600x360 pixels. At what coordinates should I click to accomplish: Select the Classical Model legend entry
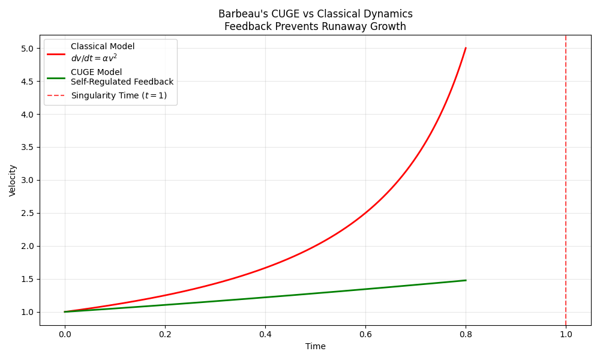[x=103, y=47]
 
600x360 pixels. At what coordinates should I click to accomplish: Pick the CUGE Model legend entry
[x=96, y=72]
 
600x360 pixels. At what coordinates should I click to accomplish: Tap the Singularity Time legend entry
[x=119, y=95]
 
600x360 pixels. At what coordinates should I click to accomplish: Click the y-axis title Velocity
[x=13, y=180]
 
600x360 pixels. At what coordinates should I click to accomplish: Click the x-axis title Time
[x=316, y=346]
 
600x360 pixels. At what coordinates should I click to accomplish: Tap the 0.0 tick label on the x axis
[x=65, y=335]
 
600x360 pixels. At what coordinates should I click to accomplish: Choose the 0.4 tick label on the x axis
[x=265, y=335]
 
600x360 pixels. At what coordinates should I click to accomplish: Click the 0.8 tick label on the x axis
[x=466, y=335]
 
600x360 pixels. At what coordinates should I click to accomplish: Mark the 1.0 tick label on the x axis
[x=566, y=335]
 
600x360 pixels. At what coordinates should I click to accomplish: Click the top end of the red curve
[x=466, y=48]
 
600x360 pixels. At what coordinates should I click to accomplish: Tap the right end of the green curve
[x=466, y=280]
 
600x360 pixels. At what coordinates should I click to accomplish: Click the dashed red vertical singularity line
[x=566, y=180]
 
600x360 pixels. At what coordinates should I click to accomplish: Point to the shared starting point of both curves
[x=65, y=312]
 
